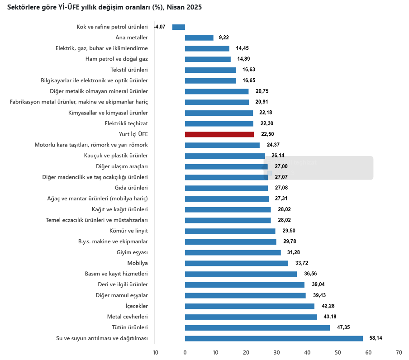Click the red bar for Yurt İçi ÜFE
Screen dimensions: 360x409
point(219,134)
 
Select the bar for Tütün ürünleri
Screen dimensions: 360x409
point(257,327)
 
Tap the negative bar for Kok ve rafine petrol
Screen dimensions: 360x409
point(179,27)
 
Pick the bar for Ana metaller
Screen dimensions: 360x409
point(199,38)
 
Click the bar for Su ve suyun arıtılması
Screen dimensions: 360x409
point(274,338)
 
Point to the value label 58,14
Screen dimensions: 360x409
point(376,338)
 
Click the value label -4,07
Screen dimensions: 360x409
point(160,27)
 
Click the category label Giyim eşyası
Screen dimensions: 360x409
point(132,252)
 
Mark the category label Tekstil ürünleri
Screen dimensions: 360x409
point(129,70)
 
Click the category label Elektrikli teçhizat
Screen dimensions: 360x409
point(126,123)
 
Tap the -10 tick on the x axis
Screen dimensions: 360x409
point(154,353)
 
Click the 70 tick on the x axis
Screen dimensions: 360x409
point(398,353)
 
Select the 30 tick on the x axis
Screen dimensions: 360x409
point(276,353)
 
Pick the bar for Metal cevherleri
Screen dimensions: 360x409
point(251,317)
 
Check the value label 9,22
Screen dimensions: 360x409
point(224,38)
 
